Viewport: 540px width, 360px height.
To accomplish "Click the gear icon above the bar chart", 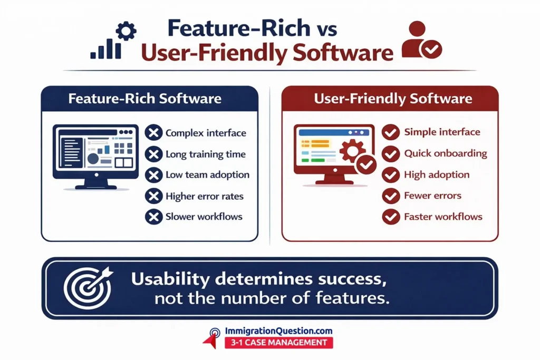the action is pos(126,31).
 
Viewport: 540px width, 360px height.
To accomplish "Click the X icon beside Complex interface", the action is pos(153,132).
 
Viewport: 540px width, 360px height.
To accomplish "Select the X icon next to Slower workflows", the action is pos(153,217).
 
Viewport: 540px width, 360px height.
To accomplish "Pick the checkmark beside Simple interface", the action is pos(391,132).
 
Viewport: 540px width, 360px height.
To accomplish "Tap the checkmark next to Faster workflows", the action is pos(391,217).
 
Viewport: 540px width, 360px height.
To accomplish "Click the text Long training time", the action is pos(206,154).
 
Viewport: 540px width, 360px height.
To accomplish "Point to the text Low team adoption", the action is pos(207,175).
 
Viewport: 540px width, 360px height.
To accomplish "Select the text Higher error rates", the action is pos(205,196).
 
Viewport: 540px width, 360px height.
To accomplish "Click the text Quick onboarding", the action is pos(446,153).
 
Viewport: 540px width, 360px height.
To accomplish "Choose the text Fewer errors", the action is pos(432,196).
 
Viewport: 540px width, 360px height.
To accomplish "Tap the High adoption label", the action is pos(437,175).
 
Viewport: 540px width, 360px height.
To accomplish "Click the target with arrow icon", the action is pos(89,288).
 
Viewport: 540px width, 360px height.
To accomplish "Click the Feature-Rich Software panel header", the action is pos(149,99).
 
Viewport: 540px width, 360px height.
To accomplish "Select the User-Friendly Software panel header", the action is pos(390,99).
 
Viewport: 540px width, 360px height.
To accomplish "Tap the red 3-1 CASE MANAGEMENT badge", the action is pos(278,343).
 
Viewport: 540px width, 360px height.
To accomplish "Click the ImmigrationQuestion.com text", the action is pos(278,331).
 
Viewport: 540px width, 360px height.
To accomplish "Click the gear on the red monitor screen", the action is pos(352,151).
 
